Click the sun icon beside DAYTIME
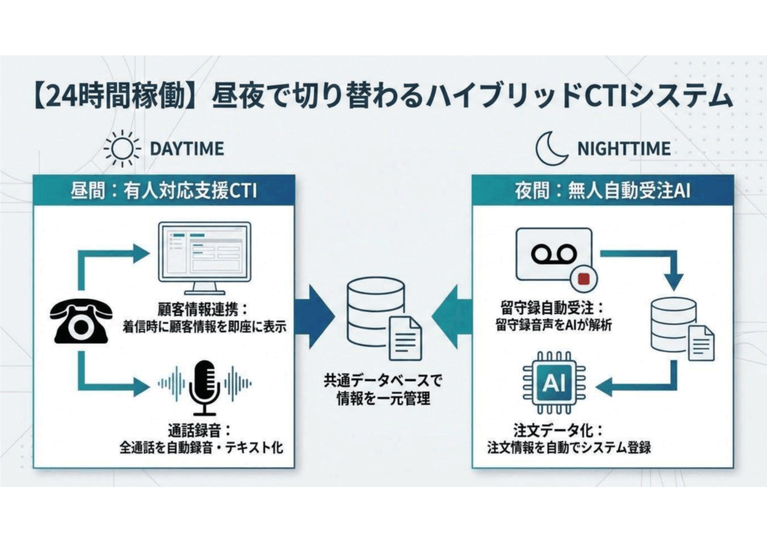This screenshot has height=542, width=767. point(122,148)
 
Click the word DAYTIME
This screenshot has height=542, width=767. point(187,148)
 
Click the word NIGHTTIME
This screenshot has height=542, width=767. point(623,148)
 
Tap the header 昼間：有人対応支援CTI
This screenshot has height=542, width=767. point(163,192)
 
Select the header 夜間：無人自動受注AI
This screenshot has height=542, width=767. point(602,192)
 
